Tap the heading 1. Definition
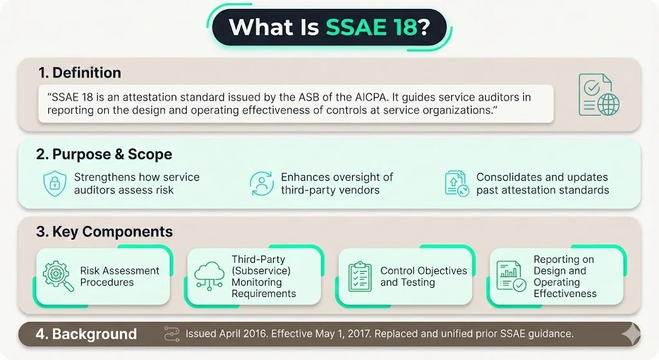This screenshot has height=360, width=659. click(79, 73)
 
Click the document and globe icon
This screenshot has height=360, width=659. click(598, 95)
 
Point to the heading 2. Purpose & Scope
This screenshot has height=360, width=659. click(104, 155)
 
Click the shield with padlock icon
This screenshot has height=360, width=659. click(55, 184)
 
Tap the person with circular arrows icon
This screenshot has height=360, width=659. click(261, 184)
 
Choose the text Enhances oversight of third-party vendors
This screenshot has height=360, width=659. click(337, 184)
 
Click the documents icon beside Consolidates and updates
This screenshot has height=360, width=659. click(456, 184)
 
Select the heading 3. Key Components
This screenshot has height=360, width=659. click(104, 232)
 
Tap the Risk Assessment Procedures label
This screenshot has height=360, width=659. click(120, 276)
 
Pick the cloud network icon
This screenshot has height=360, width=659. click(209, 276)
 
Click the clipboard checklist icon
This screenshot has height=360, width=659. click(360, 276)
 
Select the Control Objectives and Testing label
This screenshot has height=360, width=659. click(423, 276)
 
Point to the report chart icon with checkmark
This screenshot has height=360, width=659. click(511, 276)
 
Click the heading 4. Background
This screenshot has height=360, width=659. click(86, 334)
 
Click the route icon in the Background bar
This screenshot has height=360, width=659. click(171, 334)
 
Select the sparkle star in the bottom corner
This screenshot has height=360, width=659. click(631, 332)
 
